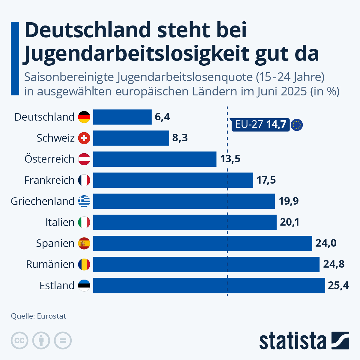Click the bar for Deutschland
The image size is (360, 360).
(122, 117)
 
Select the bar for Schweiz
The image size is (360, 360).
(131, 138)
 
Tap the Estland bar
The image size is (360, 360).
(209, 285)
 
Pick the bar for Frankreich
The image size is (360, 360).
(173, 180)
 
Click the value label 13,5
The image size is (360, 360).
(230, 159)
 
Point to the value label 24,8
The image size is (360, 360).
(334, 264)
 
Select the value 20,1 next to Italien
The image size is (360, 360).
(289, 222)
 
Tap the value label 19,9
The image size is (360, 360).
(289, 201)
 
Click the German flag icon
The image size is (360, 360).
(84, 117)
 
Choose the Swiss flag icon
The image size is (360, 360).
(84, 138)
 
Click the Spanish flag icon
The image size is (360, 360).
(84, 243)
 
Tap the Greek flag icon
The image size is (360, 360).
(84, 201)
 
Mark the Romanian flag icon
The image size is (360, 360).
(84, 264)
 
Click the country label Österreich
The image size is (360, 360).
(49, 159)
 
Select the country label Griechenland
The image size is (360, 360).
(42, 201)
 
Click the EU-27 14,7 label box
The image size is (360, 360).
(260, 124)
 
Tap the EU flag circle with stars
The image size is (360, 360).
(297, 125)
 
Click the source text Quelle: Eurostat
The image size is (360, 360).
(38, 316)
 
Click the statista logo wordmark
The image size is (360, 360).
(292, 341)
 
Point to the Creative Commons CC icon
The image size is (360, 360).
(19, 341)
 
